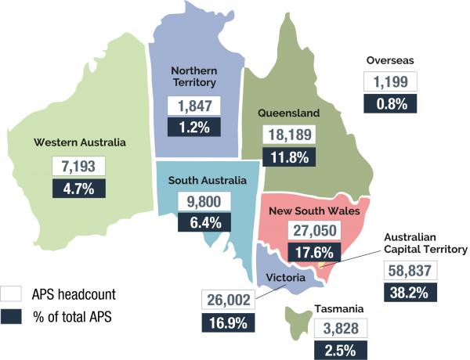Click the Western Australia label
pyautogui.click(x=79, y=142)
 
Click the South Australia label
pyautogui.click(x=208, y=180)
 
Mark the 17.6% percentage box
pyautogui.click(x=309, y=252)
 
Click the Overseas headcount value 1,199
pyautogui.click(x=391, y=81)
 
